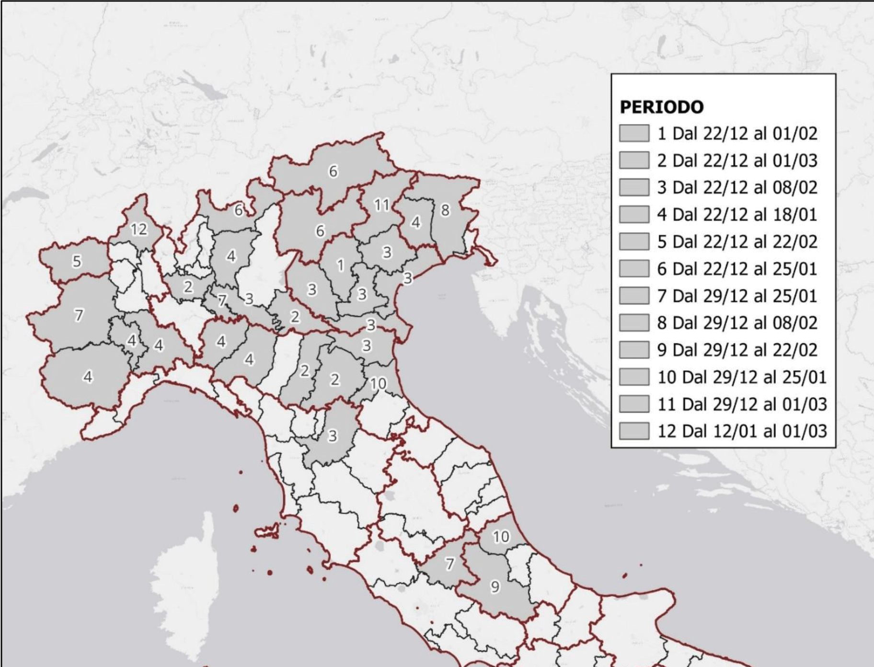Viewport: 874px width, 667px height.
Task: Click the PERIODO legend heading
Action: pyautogui.click(x=661, y=107)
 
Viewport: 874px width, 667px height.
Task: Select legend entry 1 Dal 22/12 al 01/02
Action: pyautogui.click(x=737, y=133)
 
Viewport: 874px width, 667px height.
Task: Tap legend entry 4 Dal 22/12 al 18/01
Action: pyautogui.click(x=737, y=214)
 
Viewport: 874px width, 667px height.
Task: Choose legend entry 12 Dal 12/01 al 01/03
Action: pyautogui.click(x=742, y=431)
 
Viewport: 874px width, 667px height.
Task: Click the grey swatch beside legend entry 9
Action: pyautogui.click(x=634, y=350)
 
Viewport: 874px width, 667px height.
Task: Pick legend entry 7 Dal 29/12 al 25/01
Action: pyautogui.click(x=737, y=296)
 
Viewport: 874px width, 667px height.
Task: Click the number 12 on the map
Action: pyautogui.click(x=139, y=230)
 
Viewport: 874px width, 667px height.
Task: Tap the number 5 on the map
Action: pyautogui.click(x=77, y=261)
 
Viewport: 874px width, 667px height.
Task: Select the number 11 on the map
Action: pyautogui.click(x=381, y=205)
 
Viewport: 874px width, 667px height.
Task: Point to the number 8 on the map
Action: pyautogui.click(x=445, y=210)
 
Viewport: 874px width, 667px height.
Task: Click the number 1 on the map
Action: pyautogui.click(x=341, y=265)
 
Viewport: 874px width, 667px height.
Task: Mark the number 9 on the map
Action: pyautogui.click(x=495, y=586)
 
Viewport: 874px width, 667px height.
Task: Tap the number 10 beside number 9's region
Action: pyautogui.click(x=501, y=537)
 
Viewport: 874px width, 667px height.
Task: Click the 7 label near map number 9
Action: pyautogui.click(x=449, y=564)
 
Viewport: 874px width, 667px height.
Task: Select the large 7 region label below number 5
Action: pyautogui.click(x=79, y=315)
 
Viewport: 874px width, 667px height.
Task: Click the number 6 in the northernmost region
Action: pyautogui.click(x=333, y=171)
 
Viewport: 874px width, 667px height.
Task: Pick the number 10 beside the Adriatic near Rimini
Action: pyautogui.click(x=378, y=383)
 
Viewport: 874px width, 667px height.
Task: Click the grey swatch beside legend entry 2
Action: pyautogui.click(x=634, y=161)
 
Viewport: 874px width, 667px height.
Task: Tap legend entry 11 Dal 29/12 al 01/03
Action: pyautogui.click(x=742, y=404)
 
